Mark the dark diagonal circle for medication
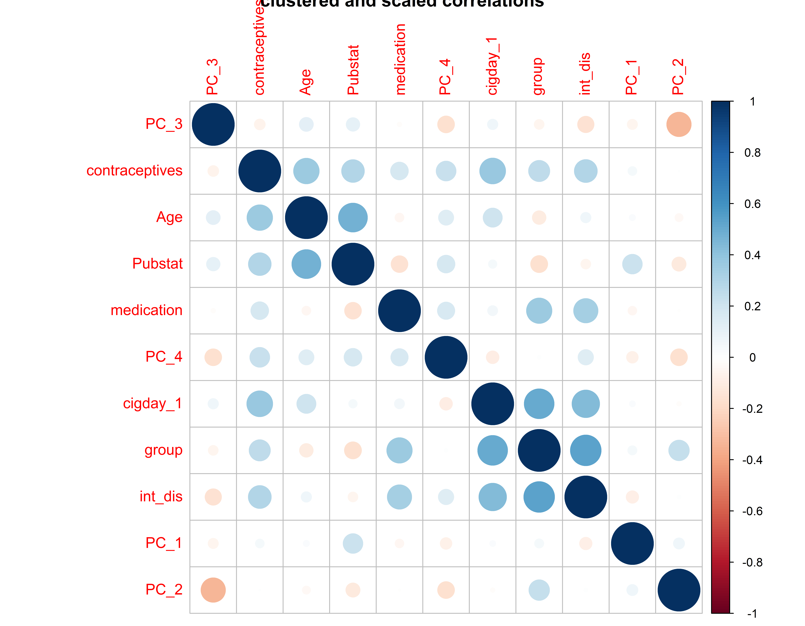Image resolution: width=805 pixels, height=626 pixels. pos(399,311)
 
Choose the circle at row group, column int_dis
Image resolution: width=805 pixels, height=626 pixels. pos(585,450)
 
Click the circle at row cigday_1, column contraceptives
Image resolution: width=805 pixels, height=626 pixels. pos(259,404)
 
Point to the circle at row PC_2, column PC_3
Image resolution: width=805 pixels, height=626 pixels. pos(213,590)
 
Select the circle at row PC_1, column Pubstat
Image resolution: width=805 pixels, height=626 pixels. pos(353,543)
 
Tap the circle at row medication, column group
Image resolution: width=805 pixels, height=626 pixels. pos(539,311)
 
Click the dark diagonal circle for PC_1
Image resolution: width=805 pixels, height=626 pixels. pos(632,543)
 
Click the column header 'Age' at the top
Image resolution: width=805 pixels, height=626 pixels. pos(306,82)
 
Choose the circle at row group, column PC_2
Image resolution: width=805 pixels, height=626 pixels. pos(679,450)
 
